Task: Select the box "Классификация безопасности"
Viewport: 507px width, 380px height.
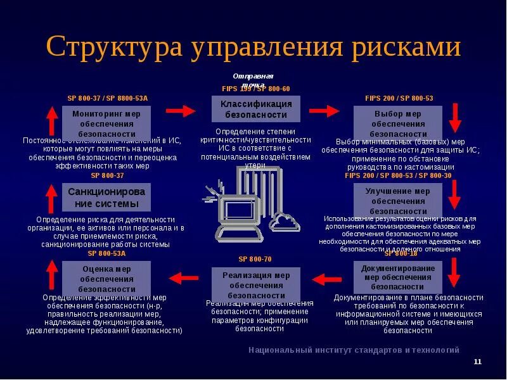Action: (256, 109)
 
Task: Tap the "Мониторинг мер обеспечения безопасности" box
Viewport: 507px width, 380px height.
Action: (107, 123)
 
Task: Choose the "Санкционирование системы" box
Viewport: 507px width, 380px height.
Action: (106, 197)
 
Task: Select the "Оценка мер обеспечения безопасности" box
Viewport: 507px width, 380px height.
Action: (106, 278)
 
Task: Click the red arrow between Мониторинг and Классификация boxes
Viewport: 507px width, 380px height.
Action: (181, 110)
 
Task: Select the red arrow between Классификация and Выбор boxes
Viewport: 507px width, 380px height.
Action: (324, 110)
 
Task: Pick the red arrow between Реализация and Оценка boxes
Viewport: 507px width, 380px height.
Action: (183, 277)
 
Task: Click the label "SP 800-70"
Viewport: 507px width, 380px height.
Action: (255, 259)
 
